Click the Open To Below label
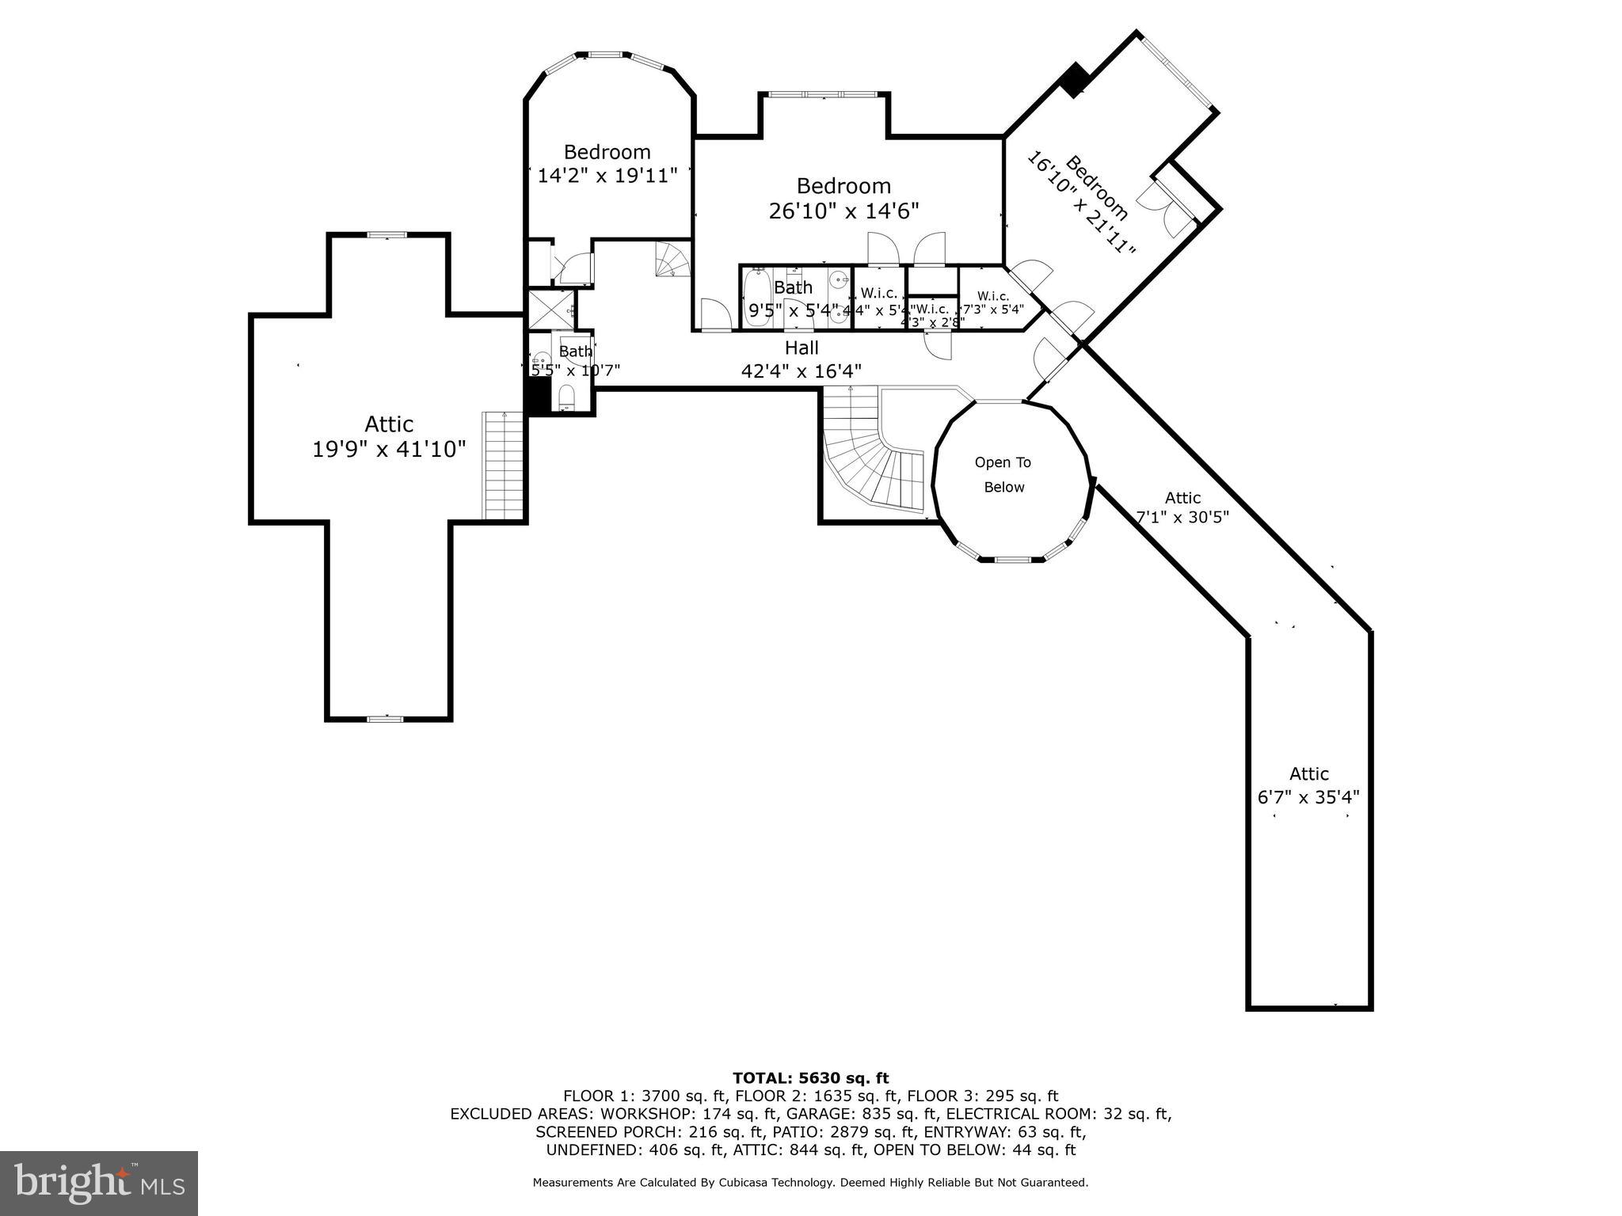pyautogui.click(x=1003, y=474)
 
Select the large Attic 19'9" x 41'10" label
pyautogui.click(x=389, y=436)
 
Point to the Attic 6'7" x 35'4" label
pyautogui.click(x=1308, y=785)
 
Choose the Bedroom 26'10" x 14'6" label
pyautogui.click(x=843, y=198)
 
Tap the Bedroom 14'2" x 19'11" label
pyautogui.click(x=607, y=163)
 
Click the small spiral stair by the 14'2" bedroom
pyautogui.click(x=672, y=260)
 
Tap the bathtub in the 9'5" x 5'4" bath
pyautogui.click(x=756, y=296)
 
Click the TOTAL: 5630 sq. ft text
pyautogui.click(x=810, y=1077)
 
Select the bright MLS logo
pyautogui.click(x=98, y=1183)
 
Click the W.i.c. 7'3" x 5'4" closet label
pyautogui.click(x=992, y=302)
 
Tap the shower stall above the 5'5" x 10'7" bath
pyautogui.click(x=552, y=310)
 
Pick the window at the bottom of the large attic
pyautogui.click(x=386, y=719)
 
